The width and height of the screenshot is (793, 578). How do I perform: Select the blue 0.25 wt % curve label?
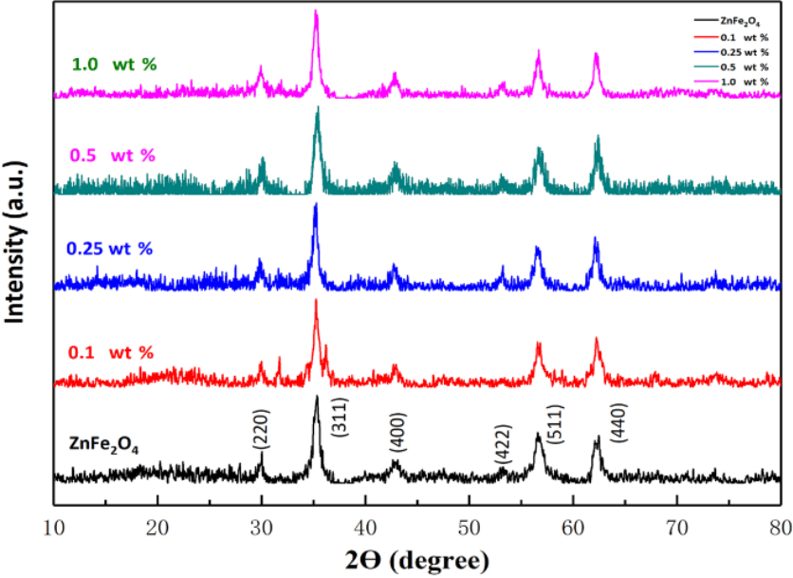[109, 249]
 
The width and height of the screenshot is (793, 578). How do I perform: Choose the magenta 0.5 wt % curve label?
[109, 155]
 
